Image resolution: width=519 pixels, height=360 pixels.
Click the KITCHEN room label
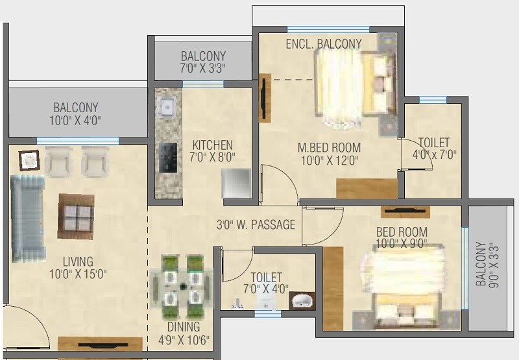(212, 145)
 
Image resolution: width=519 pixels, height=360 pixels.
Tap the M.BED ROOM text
(329, 147)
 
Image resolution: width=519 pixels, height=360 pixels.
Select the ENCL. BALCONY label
(324, 43)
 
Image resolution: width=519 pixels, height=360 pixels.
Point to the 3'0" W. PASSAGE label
(256, 225)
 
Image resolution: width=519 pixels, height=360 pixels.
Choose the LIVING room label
(78, 261)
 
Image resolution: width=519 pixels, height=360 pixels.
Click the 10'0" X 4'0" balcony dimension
(76, 120)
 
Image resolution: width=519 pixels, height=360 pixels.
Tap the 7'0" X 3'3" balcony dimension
(204, 67)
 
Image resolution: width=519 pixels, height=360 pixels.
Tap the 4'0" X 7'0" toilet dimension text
(433, 154)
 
